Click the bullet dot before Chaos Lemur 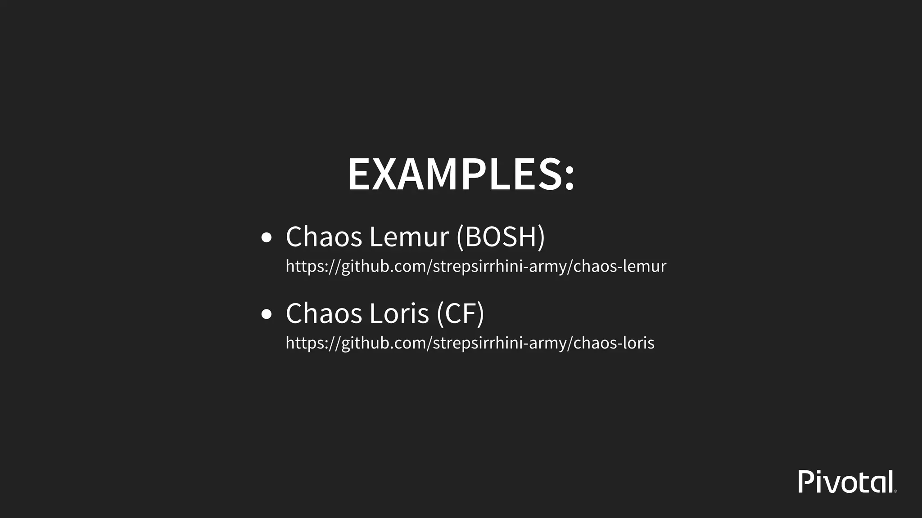267,238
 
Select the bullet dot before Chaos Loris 267,314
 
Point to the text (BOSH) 501,237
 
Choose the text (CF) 460,313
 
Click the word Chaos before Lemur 324,237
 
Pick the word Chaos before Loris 324,313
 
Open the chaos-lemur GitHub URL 476,266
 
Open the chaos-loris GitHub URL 470,343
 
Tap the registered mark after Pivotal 895,491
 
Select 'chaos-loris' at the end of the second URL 614,343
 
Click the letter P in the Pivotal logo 805,482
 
